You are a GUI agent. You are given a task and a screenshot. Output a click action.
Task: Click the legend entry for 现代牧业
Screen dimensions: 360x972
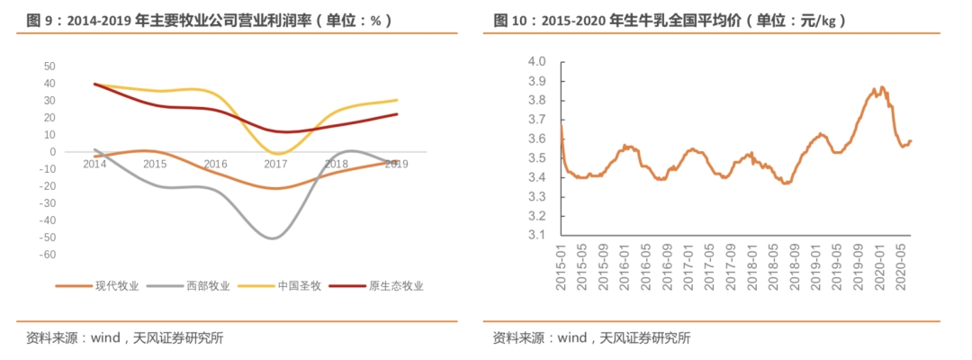[x=116, y=287]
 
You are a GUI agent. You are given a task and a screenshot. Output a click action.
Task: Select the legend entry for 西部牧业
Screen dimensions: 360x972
[x=208, y=287]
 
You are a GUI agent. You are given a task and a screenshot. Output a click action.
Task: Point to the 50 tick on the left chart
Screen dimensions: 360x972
[x=49, y=67]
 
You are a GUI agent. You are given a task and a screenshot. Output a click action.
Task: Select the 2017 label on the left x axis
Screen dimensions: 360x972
[x=275, y=164]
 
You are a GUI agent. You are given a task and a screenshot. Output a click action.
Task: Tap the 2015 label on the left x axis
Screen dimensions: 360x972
[x=155, y=164]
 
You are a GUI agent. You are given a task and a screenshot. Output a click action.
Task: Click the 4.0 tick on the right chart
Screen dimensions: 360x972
[x=537, y=62]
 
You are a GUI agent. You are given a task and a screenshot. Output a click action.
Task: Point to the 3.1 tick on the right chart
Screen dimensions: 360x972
[x=537, y=236]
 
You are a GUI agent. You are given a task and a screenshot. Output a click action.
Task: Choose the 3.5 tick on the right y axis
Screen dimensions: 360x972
[x=537, y=158]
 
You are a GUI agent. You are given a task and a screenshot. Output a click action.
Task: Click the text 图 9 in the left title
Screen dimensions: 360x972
[x=39, y=20]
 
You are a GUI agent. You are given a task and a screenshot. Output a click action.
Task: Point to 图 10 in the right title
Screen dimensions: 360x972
[x=509, y=20]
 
